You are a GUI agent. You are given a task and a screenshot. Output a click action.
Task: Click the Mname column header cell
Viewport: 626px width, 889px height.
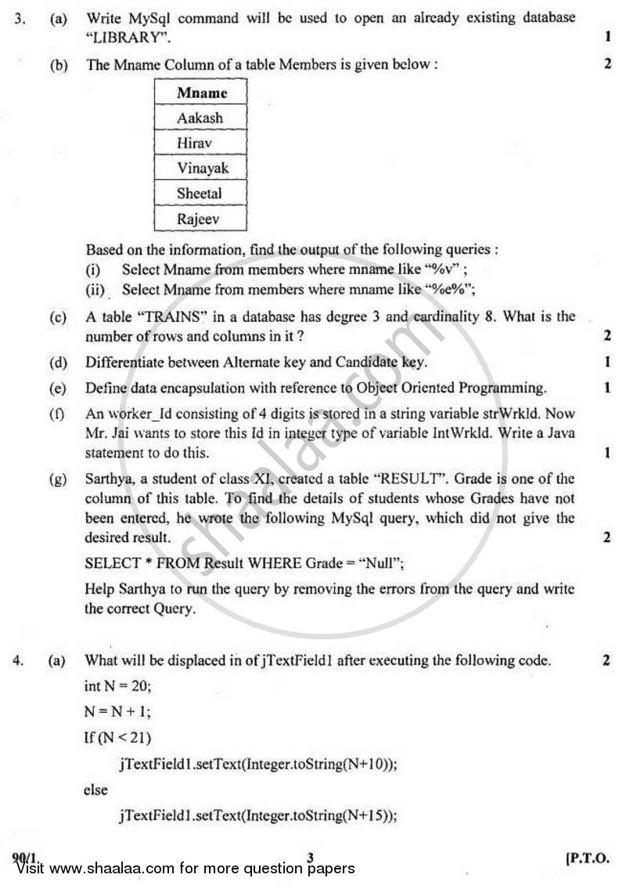(x=200, y=92)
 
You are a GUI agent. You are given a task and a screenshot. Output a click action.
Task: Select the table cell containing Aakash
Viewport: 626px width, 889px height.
(x=200, y=118)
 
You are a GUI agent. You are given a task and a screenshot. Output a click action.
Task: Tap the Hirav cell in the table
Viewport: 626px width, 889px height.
(x=200, y=143)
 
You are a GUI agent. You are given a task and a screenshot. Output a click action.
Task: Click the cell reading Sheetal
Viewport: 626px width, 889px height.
(x=200, y=193)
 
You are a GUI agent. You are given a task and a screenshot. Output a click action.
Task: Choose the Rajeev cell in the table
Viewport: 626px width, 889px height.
(x=200, y=219)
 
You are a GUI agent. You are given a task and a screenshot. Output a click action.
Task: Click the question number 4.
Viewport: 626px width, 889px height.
(x=18, y=660)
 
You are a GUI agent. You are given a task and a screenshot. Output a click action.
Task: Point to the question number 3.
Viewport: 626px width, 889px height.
(x=18, y=17)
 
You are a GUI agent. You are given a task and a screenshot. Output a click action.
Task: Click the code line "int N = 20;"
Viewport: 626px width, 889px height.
(x=117, y=686)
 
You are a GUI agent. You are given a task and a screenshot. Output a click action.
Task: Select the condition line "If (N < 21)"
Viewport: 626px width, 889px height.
(x=117, y=737)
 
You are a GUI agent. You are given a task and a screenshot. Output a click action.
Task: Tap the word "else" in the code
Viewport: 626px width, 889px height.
(x=95, y=790)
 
